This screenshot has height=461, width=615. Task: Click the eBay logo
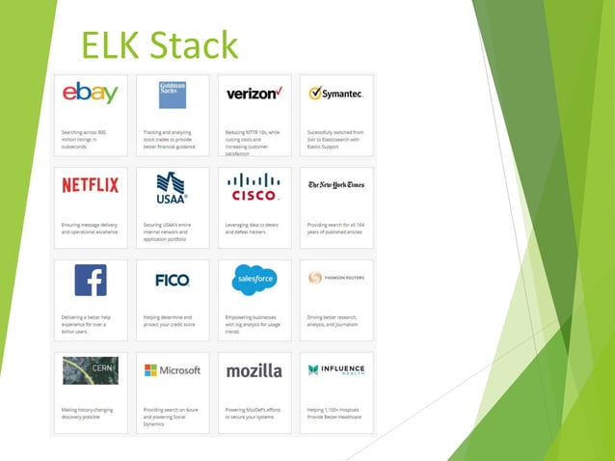(x=91, y=93)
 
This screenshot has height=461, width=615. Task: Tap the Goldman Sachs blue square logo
(x=173, y=94)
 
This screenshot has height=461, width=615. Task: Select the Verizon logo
(x=254, y=94)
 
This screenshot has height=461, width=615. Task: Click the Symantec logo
(x=335, y=94)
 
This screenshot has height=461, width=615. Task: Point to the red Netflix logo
(x=91, y=184)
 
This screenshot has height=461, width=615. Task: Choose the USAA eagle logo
(x=173, y=184)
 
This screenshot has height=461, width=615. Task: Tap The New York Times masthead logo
(x=335, y=184)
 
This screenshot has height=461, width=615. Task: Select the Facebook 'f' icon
(x=91, y=279)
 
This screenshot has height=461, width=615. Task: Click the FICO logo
(x=173, y=280)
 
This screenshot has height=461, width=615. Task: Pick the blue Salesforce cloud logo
(x=254, y=279)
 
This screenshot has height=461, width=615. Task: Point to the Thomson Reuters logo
(x=335, y=278)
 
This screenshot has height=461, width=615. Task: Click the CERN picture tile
(x=91, y=370)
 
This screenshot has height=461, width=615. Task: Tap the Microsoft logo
(x=173, y=370)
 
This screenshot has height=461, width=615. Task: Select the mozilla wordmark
(x=254, y=370)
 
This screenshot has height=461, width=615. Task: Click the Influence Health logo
(x=335, y=369)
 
